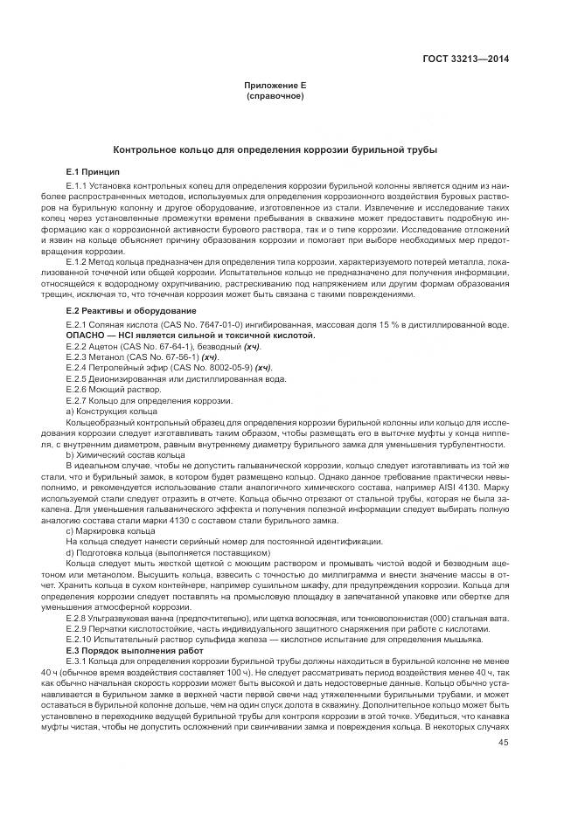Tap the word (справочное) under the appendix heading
click(x=275, y=95)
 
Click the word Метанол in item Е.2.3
click(x=106, y=357)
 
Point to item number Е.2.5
click(x=78, y=378)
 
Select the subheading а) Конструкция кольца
click(x=111, y=411)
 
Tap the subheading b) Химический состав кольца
click(x=125, y=454)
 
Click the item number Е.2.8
click(x=78, y=618)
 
